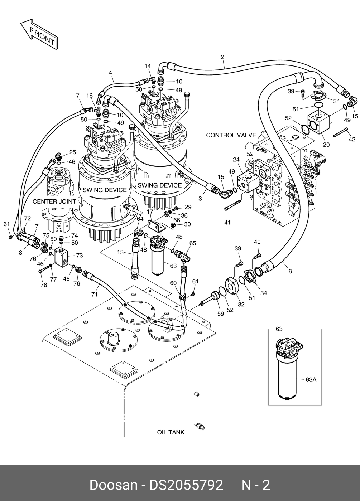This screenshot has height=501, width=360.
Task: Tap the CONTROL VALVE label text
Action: click(x=231, y=135)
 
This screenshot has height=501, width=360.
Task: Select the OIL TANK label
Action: click(x=171, y=432)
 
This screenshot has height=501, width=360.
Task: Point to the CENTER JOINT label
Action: click(x=54, y=201)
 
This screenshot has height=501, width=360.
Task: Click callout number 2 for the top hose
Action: click(x=222, y=57)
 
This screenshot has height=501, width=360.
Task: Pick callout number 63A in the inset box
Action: click(x=311, y=380)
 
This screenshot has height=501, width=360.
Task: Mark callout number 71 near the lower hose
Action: click(x=95, y=294)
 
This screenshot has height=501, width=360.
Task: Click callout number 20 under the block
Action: click(x=326, y=145)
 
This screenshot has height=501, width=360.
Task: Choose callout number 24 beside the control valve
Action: click(x=236, y=159)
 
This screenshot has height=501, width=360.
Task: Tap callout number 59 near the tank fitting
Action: click(x=220, y=314)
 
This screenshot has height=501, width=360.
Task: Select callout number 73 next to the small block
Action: click(x=79, y=255)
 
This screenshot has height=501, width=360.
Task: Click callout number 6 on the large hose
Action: click(x=290, y=272)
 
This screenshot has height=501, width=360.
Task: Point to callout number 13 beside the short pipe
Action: click(x=120, y=252)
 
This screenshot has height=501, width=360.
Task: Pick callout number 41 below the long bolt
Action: click(x=227, y=223)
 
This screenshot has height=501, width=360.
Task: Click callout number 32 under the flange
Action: click(x=241, y=304)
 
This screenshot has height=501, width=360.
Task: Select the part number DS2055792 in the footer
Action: click(x=186, y=485)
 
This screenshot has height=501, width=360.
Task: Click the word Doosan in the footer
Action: click(x=113, y=485)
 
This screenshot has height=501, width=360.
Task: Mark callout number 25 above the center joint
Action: click(x=72, y=152)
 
